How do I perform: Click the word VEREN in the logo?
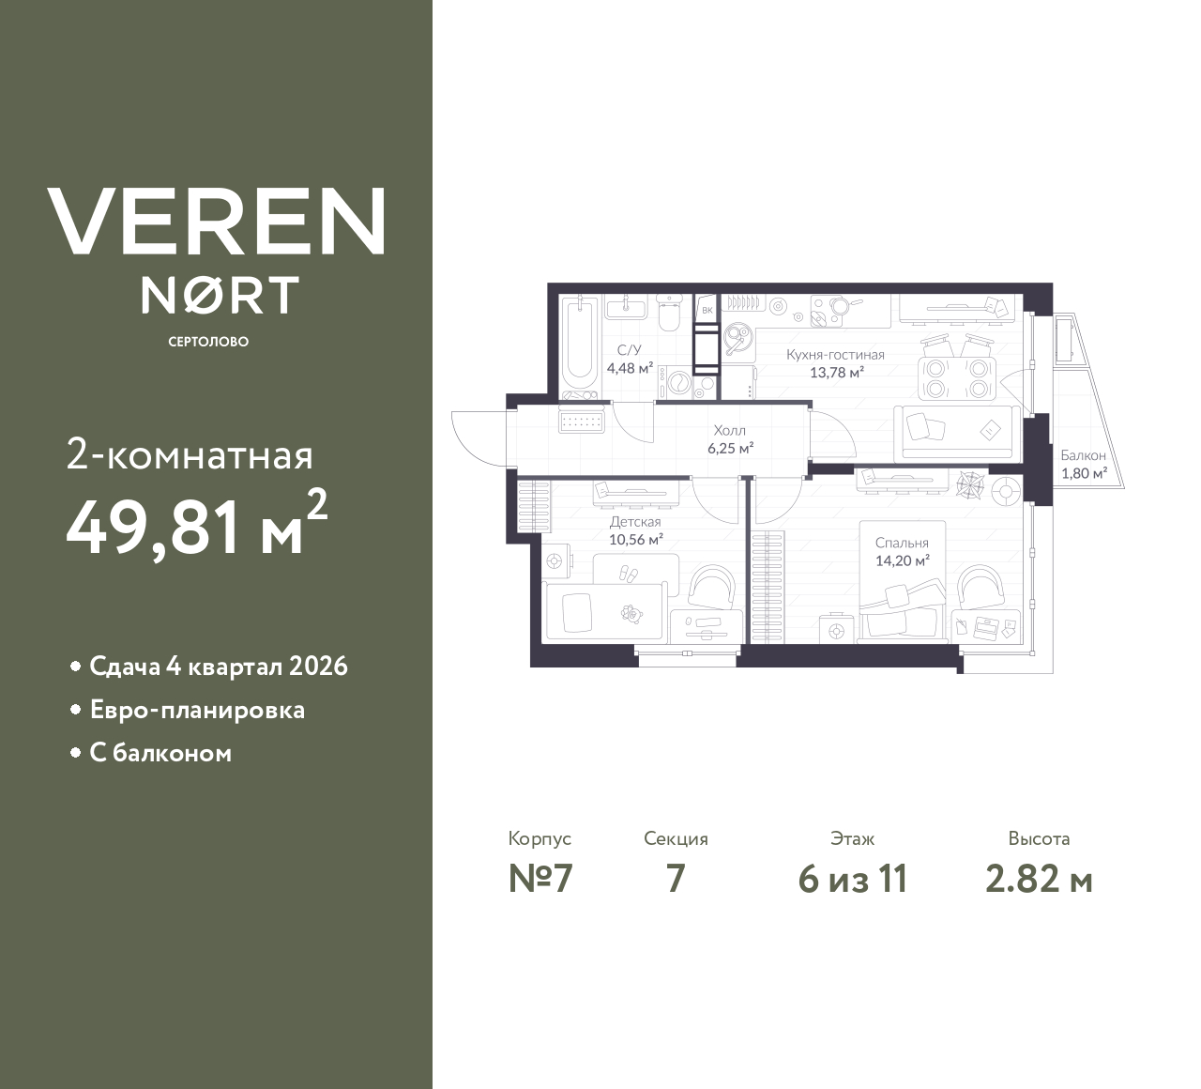tap(216, 222)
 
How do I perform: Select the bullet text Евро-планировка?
tap(197, 710)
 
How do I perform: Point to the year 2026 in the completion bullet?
tap(318, 667)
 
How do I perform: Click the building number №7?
tap(540, 880)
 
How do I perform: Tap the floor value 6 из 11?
tap(852, 880)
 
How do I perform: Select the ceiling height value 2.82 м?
tap(1039, 880)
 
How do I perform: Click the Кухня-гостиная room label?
tap(835, 355)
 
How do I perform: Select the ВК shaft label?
tap(707, 310)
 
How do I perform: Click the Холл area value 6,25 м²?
tap(731, 448)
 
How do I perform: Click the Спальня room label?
tap(902, 543)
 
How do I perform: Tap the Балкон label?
tap(1084, 455)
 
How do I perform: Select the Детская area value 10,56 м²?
tap(636, 539)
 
